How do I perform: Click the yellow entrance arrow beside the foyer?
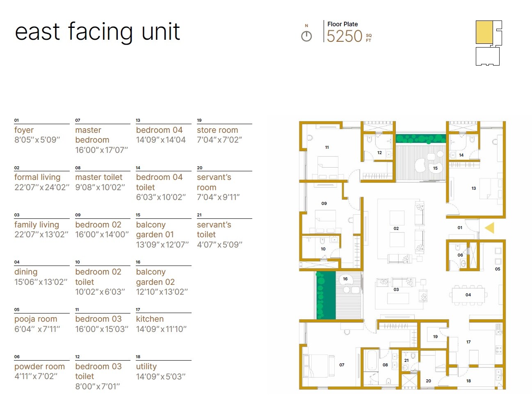[x=490, y=228]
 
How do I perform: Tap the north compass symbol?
[x=306, y=36]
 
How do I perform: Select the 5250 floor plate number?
[x=345, y=36]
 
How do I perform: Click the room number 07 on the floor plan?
[x=342, y=365]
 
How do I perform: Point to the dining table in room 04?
[x=468, y=295]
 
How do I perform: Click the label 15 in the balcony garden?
[x=435, y=168]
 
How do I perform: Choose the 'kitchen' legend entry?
[x=150, y=319]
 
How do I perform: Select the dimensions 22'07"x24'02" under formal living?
[x=41, y=187]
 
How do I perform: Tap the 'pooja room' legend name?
[x=36, y=319]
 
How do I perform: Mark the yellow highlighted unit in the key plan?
[x=484, y=32]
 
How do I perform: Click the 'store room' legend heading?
[x=217, y=130]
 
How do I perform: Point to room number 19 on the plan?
[x=435, y=336]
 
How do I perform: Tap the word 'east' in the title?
[x=37, y=32]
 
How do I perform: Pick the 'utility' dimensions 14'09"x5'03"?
[x=161, y=376]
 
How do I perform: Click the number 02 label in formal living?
[x=396, y=228]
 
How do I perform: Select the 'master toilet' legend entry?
[x=99, y=177]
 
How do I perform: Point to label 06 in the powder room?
[x=460, y=255]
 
